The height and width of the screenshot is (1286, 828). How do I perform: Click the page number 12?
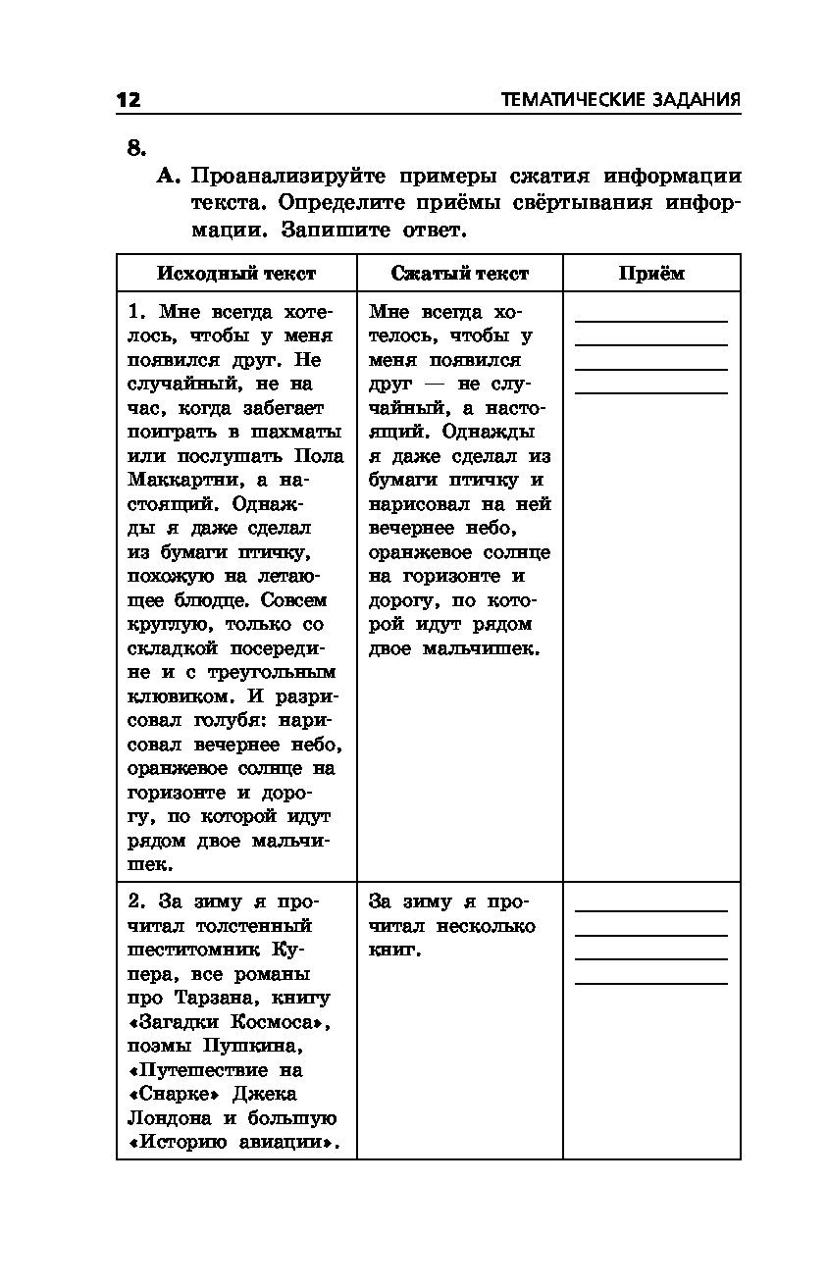(129, 100)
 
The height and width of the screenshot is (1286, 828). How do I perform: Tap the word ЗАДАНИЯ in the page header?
(694, 100)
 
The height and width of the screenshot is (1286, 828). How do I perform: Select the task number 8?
(136, 148)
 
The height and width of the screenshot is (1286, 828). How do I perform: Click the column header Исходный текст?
(236, 274)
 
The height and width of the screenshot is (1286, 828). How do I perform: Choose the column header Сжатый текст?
(459, 274)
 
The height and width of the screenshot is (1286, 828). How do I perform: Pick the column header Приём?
(651, 274)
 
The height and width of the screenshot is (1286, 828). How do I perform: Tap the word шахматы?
(296, 433)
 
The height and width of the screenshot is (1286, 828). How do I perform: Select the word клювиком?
(176, 696)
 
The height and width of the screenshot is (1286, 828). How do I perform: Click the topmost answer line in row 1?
(651, 321)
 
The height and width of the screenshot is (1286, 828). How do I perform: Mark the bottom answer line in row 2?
(651, 982)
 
